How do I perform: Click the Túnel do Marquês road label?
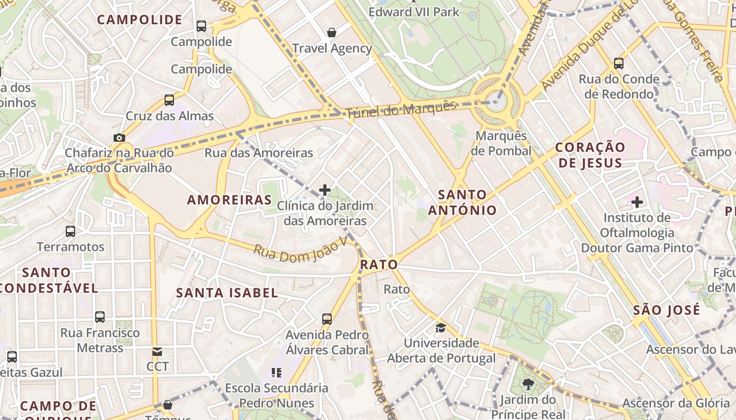[401, 109]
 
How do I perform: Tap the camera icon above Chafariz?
[119, 138]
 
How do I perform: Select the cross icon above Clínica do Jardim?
[325, 190]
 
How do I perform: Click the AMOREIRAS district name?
[229, 200]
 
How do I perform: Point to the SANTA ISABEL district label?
[227, 293]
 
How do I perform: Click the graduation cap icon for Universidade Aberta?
[441, 328]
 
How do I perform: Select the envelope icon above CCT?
[157, 352]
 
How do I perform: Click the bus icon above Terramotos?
[70, 231]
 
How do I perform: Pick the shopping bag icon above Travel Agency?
[332, 33]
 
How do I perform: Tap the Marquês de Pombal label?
[501, 143]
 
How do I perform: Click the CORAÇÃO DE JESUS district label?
[590, 155]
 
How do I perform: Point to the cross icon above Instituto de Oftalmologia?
[637, 202]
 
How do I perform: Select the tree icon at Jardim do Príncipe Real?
[528, 384]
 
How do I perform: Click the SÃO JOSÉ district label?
[667, 310]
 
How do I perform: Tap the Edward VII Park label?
[414, 12]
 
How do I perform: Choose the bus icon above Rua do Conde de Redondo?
[619, 64]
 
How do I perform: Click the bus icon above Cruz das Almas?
[169, 100]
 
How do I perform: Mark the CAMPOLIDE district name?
[139, 20]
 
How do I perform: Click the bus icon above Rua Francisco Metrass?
[100, 317]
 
